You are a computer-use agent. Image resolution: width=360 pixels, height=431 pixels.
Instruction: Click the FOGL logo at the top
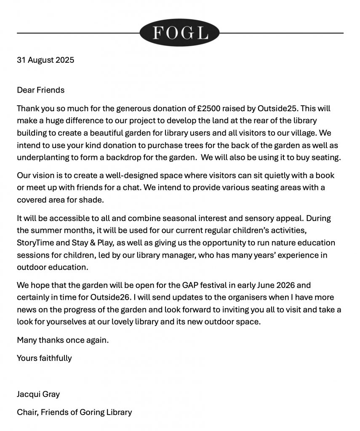(180, 33)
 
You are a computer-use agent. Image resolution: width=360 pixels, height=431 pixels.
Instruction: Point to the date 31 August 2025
(45, 60)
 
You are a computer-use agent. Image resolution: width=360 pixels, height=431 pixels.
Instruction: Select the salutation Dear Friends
(41, 90)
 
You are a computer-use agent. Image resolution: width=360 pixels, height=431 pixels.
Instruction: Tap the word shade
(94, 200)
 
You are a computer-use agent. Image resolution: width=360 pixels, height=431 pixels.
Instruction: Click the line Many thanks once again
(63, 340)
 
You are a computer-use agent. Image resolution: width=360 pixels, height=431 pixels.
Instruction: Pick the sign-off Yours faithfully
(44, 358)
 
